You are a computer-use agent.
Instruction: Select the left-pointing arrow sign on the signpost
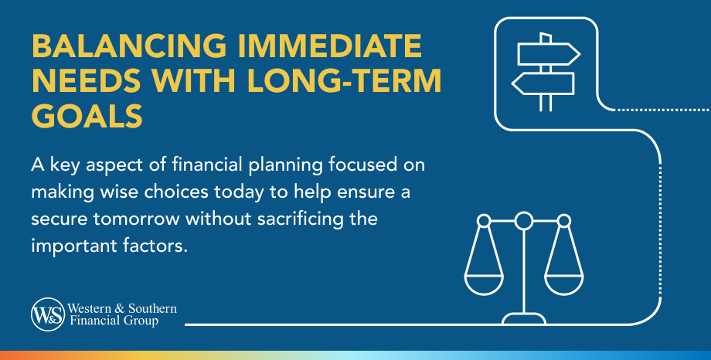[543, 82]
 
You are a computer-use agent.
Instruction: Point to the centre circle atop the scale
[524, 222]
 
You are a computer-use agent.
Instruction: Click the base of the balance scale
[524, 318]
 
